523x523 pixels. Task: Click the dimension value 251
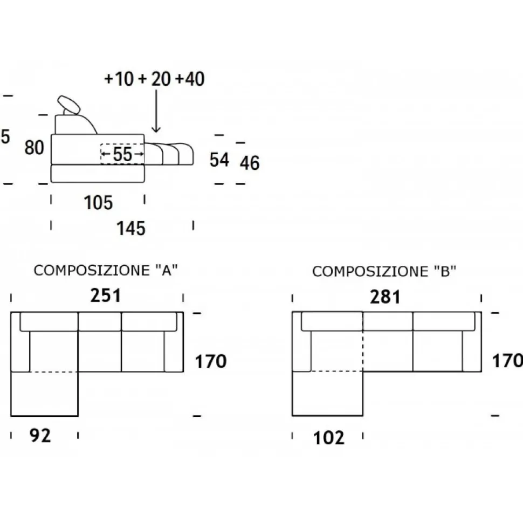[106, 295]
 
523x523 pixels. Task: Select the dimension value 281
[385, 296]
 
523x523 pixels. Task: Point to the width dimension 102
[328, 437]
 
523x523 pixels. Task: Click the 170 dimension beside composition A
[210, 361]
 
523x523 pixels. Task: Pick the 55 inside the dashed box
[122, 155]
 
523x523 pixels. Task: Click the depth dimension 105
[98, 203]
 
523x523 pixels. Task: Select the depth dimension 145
[131, 229]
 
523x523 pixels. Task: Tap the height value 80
[34, 147]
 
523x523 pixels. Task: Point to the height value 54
[219, 160]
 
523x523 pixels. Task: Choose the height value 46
[250, 162]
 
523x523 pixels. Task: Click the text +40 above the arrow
[190, 79]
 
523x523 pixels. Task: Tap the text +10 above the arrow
[119, 79]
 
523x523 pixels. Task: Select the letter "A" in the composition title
[167, 271]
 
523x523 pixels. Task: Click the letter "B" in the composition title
[445, 272]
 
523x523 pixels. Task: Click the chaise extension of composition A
[44, 394]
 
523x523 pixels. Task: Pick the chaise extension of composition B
[327, 394]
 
